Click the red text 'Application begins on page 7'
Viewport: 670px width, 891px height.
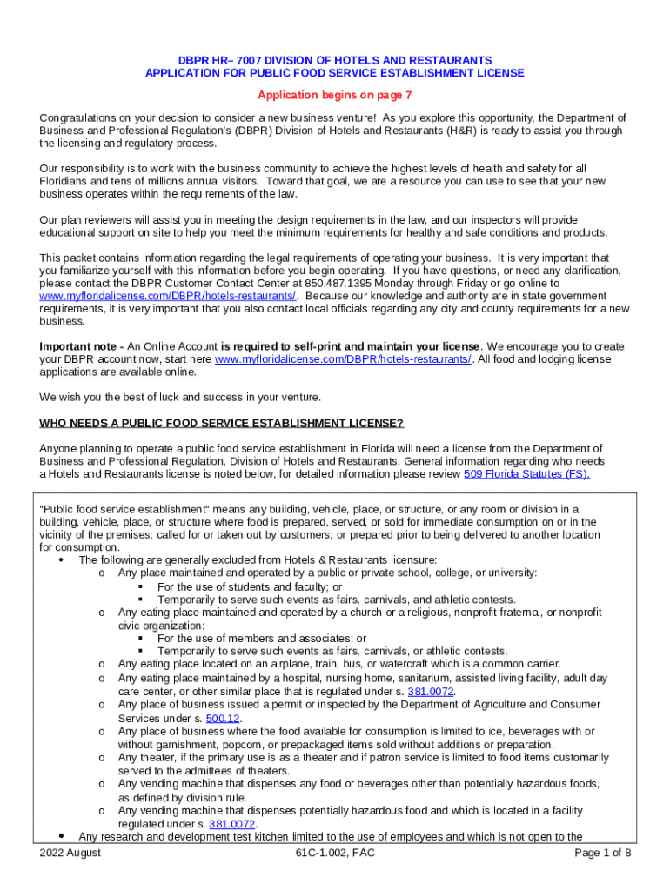(335, 95)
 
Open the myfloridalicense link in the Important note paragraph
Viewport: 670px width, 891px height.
(343, 359)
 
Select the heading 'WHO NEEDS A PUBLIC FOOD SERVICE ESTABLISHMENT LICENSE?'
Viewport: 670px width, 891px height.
(222, 423)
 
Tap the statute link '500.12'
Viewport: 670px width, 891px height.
(225, 718)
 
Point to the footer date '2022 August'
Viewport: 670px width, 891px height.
(70, 853)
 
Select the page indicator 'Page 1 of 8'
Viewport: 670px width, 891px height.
(603, 853)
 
